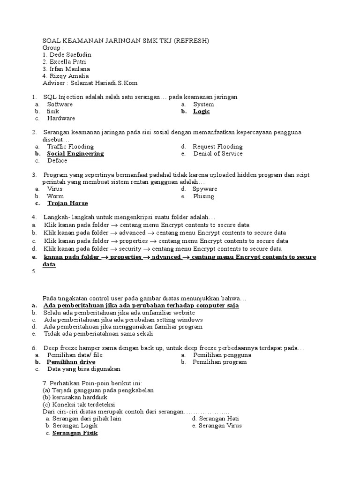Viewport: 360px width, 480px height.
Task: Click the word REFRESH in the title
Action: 192,41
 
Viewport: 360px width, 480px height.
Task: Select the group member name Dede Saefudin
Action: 70,55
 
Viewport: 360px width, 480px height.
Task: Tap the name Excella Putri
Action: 67,62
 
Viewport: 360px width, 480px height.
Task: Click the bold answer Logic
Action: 202,112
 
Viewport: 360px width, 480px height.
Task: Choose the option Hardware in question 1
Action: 61,119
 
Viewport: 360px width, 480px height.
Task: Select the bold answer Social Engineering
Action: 75,154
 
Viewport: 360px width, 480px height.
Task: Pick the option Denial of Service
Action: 218,154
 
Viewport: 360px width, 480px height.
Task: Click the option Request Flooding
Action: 217,147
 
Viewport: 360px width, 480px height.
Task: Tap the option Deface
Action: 57,161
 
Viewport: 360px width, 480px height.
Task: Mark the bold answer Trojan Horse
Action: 67,203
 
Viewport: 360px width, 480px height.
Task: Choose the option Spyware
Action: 205,189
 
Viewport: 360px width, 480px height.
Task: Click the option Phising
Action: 203,196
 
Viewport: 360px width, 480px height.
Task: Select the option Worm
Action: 55,196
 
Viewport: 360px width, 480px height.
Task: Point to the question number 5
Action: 34,271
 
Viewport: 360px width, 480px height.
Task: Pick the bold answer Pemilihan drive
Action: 71,362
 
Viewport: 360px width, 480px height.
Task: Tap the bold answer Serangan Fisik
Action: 75,433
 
